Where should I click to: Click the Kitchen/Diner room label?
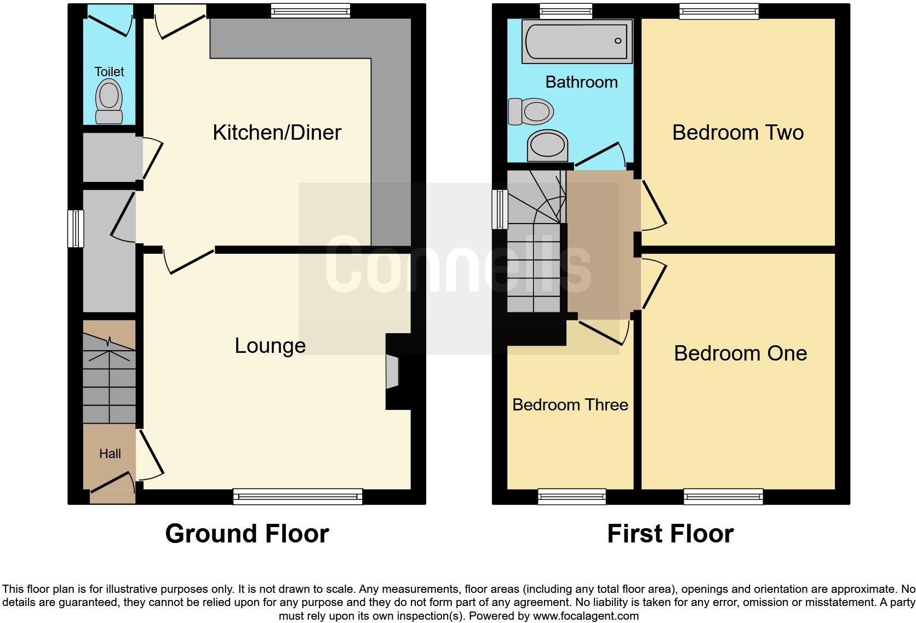point(277,133)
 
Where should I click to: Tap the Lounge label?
point(270,346)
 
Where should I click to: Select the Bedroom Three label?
point(570,405)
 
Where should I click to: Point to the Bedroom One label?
point(740,353)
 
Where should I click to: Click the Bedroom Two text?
point(737,133)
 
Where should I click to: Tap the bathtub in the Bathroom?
point(576,41)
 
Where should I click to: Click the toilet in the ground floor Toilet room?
point(109,101)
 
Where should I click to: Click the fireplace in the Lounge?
point(393,372)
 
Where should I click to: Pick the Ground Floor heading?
point(247,534)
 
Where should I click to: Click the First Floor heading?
point(670,534)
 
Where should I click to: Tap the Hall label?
point(110,454)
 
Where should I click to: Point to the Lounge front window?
point(297,497)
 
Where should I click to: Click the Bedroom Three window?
point(572,497)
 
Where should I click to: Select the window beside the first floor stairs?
point(499,209)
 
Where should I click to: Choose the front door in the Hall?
point(113,482)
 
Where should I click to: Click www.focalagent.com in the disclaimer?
point(586,616)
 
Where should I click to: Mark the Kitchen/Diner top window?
point(311,10)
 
